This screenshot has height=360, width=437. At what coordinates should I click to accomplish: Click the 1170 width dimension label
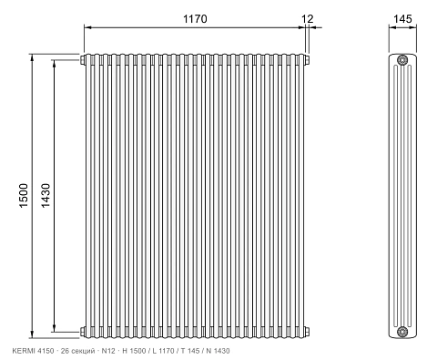coord(195,19)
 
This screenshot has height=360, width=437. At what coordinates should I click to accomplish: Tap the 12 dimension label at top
coord(308,19)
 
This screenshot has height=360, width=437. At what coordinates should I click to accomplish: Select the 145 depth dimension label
coord(402,19)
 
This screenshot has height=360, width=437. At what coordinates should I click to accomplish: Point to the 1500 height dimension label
coord(24,195)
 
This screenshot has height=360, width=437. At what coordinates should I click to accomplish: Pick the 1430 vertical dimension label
coord(46,195)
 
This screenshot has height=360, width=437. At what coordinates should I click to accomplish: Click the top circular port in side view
coord(402,60)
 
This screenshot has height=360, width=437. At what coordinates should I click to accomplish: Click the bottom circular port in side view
coord(402,332)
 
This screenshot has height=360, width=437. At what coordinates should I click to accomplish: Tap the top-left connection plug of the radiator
coord(82,60)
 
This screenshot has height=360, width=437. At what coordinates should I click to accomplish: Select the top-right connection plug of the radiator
coord(307,60)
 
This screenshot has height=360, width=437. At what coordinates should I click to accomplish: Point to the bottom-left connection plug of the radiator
coord(82,332)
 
